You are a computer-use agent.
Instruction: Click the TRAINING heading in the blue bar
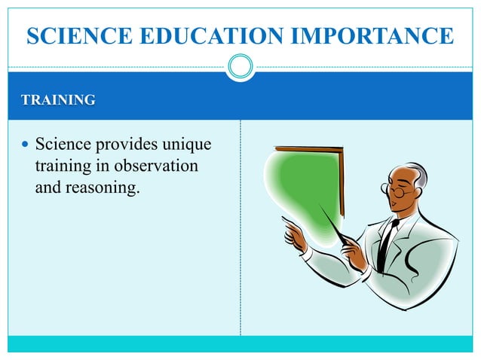[57, 99]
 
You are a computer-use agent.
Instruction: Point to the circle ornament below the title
[240, 67]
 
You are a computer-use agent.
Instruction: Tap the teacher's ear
[417, 192]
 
